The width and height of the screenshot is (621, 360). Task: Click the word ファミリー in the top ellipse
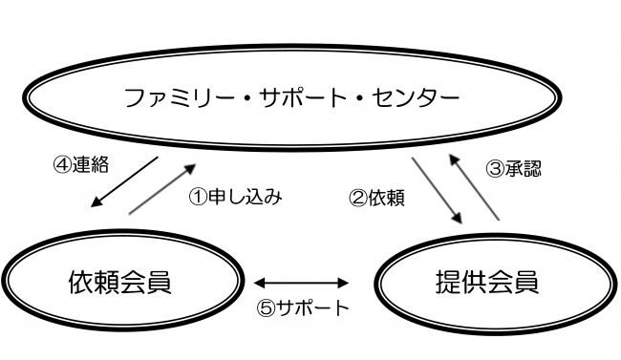[x=171, y=96]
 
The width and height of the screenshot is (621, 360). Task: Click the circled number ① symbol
[x=196, y=199]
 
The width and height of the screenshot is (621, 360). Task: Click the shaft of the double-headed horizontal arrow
[x=303, y=283]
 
